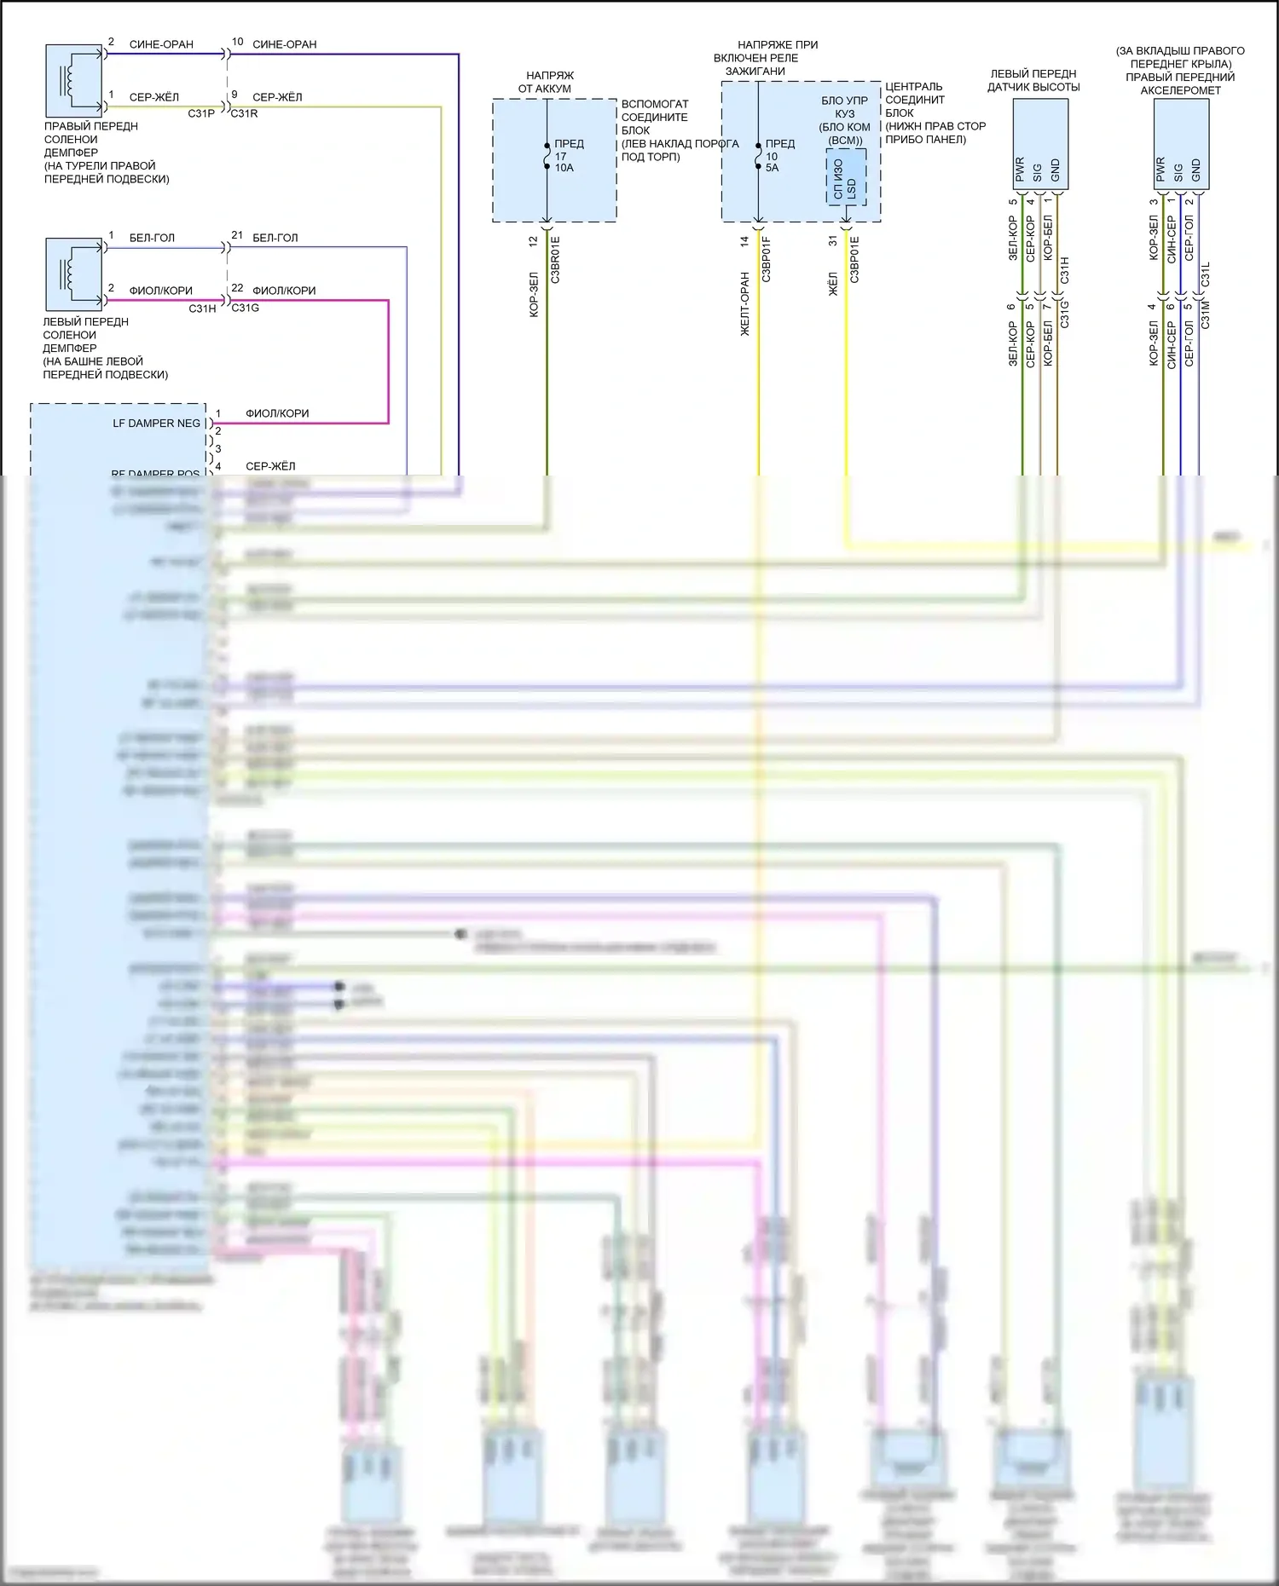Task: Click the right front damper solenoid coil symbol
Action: [x=74, y=79]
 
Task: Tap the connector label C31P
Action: [x=201, y=113]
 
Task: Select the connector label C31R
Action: [x=244, y=113]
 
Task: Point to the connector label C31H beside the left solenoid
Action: [x=202, y=309]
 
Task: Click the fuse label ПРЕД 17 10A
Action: [x=568, y=156]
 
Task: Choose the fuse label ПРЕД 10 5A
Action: [x=778, y=156]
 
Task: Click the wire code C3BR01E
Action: [x=555, y=260]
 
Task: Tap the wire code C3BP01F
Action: [x=766, y=260]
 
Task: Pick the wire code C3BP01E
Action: [x=854, y=260]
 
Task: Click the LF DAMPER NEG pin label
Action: [x=156, y=424]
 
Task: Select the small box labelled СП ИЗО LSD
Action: [x=846, y=177]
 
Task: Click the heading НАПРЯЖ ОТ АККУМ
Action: [x=549, y=82]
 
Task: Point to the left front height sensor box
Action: [x=1039, y=144]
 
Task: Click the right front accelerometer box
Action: [x=1181, y=144]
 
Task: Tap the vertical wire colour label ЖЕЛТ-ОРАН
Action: [x=744, y=304]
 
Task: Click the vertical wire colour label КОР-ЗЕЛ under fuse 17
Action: [x=534, y=295]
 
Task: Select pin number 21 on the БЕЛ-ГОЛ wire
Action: [x=237, y=235]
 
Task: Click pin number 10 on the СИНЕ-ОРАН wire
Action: [x=237, y=42]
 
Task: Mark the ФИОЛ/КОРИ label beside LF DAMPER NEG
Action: [x=277, y=413]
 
